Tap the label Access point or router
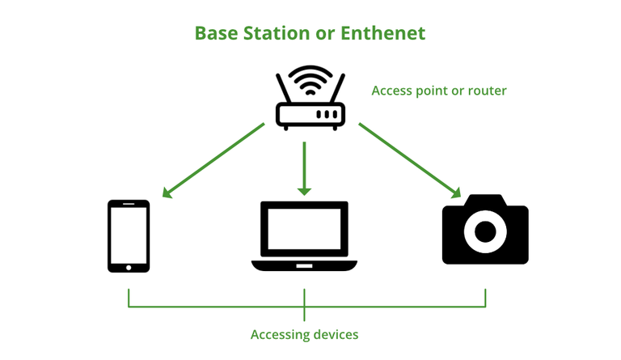tap(438, 91)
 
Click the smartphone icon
tap(129, 235)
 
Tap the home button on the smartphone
tap(129, 265)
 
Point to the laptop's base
tap(304, 265)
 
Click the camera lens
tap(485, 232)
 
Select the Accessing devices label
tap(304, 334)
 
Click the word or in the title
tap(321, 33)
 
